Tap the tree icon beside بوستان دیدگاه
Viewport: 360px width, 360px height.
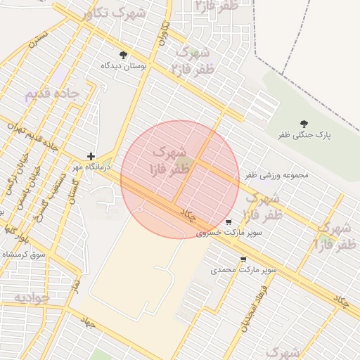coord(124,55)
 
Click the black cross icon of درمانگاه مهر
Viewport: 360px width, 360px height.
coord(91,156)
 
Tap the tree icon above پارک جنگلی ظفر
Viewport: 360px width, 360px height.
coord(304,124)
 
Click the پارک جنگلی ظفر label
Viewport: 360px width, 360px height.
coord(304,134)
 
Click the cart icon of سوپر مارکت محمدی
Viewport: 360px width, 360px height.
coord(243,259)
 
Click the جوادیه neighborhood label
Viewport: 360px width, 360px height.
coord(32,297)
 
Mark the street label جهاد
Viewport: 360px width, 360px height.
coord(87,322)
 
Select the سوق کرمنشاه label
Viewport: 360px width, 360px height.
coord(24,253)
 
